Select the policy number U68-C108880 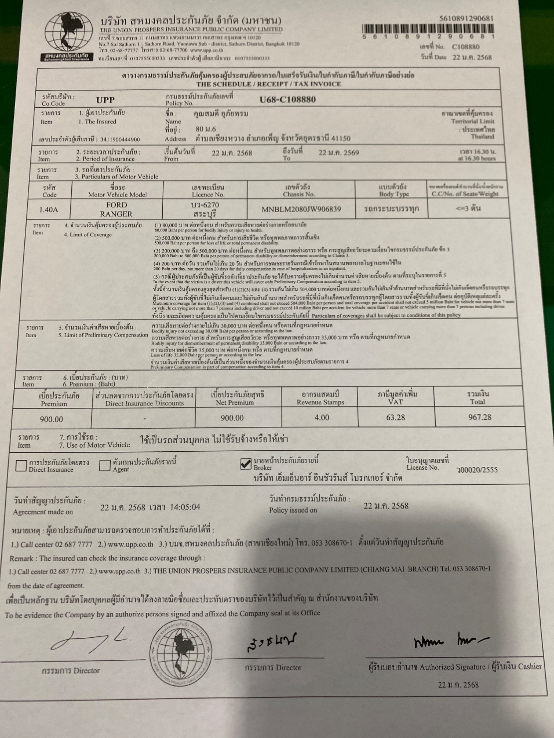coord(287,99)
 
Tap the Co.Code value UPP coord(105,100)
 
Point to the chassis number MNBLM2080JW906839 coord(301,209)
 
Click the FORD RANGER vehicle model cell coord(117,209)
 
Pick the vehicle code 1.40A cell coord(49,209)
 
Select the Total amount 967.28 coord(479,417)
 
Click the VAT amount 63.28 coord(395,417)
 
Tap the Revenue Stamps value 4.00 coord(321,417)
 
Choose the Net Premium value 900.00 coord(232,418)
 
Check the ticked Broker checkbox coord(246,464)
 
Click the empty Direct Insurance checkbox coord(21,465)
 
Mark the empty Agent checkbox coord(104,465)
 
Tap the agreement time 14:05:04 coord(185,507)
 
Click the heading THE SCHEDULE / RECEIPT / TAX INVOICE coord(269,84)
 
